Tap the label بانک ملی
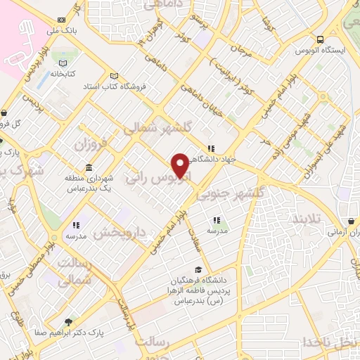tap(83, 30)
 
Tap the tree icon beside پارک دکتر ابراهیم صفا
tap(68, 323)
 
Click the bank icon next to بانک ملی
tap(62, 20)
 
